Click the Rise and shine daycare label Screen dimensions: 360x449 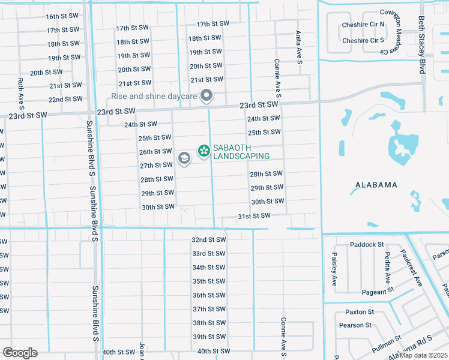pos(155,96)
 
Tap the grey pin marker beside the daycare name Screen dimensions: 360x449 pos(207,95)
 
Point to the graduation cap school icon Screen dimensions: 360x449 pos(184,158)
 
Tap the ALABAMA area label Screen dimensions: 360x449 pos(376,185)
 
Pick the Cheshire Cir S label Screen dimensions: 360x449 pos(363,41)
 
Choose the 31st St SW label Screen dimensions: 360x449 pos(254,215)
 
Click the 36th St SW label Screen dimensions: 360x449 pos(208,295)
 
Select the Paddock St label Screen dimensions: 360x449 pos(367,244)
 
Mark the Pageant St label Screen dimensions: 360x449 pos(378,292)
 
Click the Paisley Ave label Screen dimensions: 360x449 pos(335,268)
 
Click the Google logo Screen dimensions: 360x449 pos(20,352)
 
